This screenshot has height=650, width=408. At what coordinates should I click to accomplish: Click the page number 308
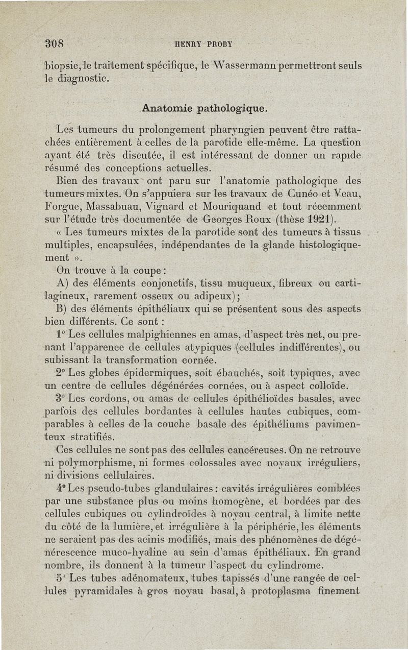[52, 43]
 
